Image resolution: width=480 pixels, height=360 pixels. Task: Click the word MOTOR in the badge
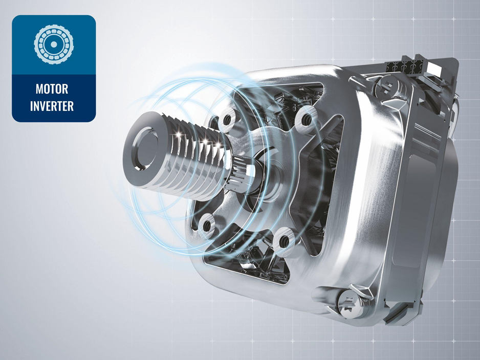coord(52,89)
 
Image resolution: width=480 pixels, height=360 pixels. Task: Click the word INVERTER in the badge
coord(52,106)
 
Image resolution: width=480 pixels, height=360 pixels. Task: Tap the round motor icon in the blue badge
coord(54,45)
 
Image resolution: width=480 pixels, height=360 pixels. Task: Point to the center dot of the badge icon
coord(54,45)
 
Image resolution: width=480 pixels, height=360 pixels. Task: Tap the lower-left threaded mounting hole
coord(206,226)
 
